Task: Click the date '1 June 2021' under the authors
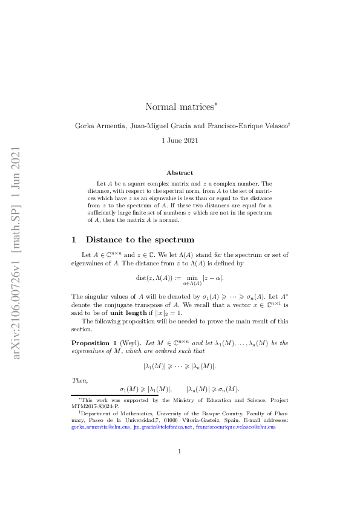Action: pos(180,140)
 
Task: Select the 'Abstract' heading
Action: pos(180,172)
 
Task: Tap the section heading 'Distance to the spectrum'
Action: pos(140,240)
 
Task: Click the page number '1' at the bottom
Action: pos(180,468)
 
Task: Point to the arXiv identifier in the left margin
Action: pos(17,254)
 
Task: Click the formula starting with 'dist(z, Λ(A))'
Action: pos(180,278)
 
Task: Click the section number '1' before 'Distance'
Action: pos(74,240)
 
